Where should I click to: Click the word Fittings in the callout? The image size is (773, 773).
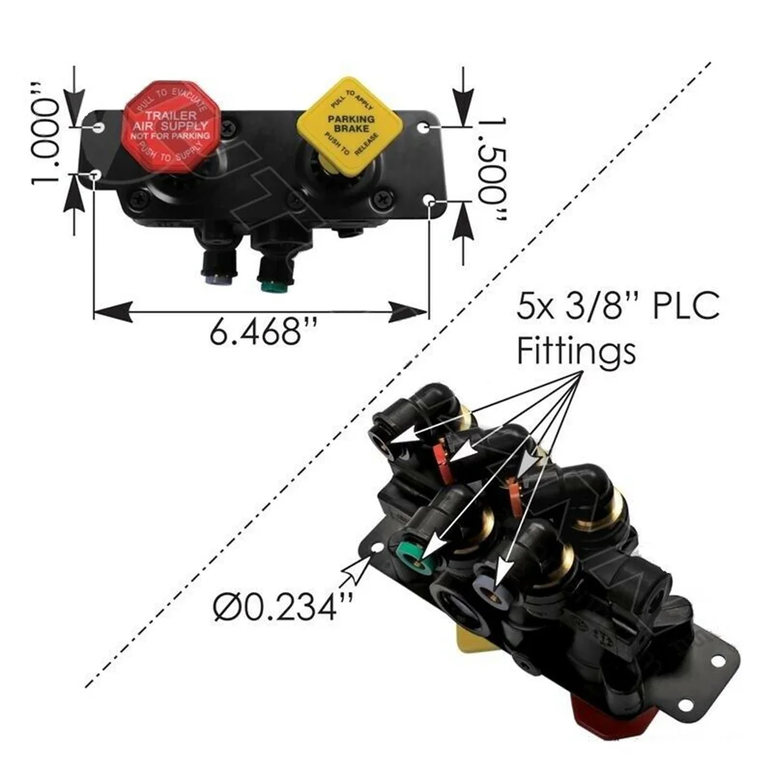[575, 352]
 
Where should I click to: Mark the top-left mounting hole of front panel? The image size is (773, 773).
[97, 124]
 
